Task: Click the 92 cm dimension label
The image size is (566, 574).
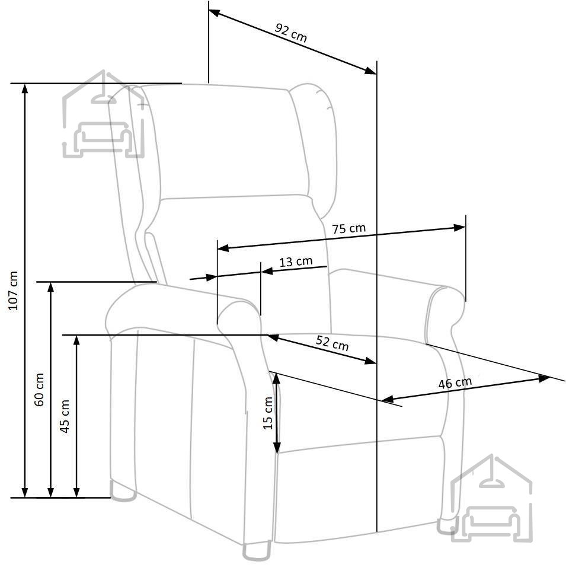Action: (291, 33)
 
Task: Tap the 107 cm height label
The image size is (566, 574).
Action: (14, 291)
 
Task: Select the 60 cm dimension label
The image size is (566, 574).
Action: (39, 390)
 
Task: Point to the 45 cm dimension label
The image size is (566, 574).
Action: (65, 416)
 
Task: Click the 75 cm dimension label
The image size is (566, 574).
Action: (348, 228)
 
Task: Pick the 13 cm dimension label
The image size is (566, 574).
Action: (296, 262)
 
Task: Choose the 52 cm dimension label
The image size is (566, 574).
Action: (332, 343)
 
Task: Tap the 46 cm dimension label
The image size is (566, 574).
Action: (455, 383)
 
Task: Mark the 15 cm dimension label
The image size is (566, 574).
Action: (268, 413)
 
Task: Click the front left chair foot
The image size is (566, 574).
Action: (257, 551)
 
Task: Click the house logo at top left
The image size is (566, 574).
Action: (104, 114)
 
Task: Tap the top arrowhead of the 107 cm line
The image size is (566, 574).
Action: (25, 88)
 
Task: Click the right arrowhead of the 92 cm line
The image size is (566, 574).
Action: (370, 71)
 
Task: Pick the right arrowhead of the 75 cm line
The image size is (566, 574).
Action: (459, 228)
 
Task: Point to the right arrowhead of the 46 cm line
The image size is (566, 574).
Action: (544, 378)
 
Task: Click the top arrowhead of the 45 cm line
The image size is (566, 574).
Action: (76, 340)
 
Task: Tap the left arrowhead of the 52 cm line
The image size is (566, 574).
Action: (273, 337)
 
